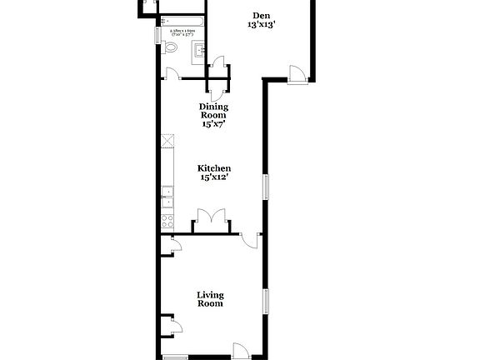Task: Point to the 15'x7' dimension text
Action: click(214, 124)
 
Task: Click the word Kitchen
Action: click(214, 167)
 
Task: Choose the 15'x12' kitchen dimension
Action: click(214, 177)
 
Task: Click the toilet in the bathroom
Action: click(171, 48)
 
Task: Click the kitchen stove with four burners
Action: click(167, 222)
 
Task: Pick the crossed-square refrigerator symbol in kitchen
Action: click(167, 141)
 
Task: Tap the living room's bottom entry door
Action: click(240, 351)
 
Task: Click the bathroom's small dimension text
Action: click(182, 32)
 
